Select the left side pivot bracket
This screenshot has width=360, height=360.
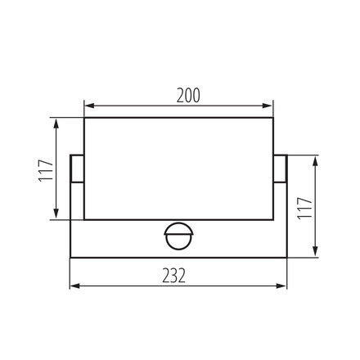click(x=76, y=168)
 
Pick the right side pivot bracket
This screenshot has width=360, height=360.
click(x=281, y=168)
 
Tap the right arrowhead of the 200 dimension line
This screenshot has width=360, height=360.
click(x=269, y=106)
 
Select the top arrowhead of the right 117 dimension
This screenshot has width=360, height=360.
click(x=315, y=158)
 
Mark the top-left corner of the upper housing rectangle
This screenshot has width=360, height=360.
click(x=84, y=117)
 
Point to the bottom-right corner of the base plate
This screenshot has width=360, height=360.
click(x=287, y=257)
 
